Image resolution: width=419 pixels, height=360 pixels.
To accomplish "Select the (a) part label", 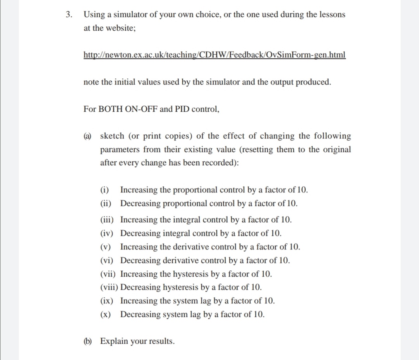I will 88,136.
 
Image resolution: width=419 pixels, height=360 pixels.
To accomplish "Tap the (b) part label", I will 88,341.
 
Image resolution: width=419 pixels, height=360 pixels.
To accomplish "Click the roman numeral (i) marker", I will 105,190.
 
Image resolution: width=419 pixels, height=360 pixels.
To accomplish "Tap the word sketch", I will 113,136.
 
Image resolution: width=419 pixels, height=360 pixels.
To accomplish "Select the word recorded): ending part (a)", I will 222,163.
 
